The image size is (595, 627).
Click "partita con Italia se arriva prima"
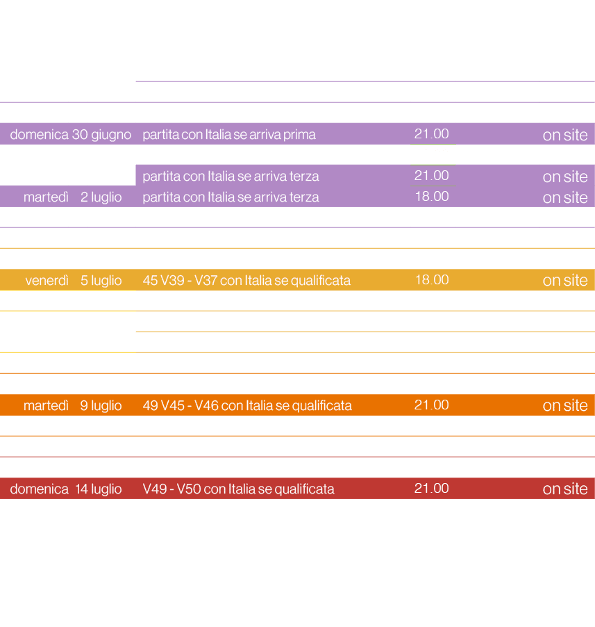229,134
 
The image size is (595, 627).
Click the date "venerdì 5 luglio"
74,280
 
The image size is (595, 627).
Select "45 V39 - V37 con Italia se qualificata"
246,280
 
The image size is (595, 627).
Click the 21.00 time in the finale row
432,489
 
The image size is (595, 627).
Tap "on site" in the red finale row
565,489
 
